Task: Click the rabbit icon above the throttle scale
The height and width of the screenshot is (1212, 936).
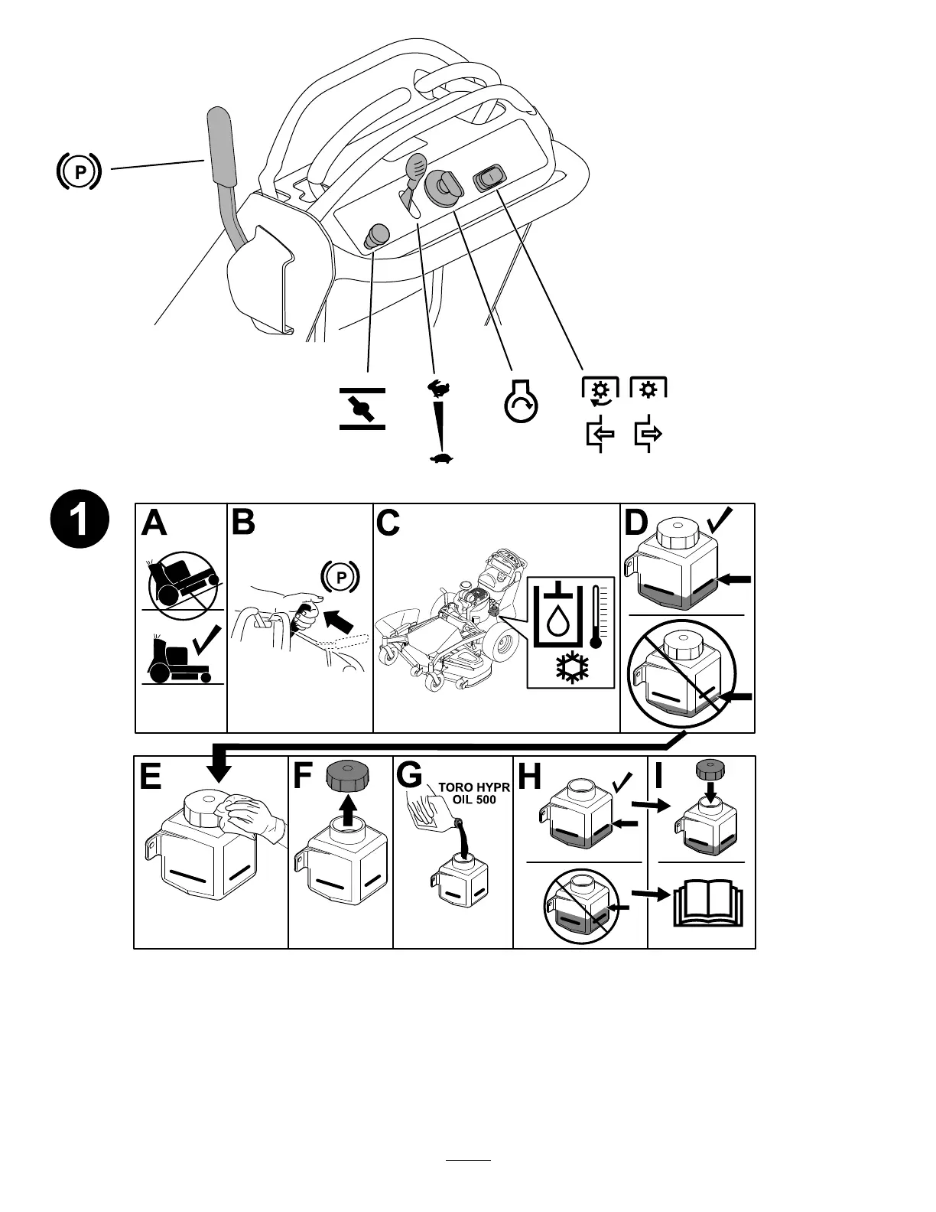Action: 437,389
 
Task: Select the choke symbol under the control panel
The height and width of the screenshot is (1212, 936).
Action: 362,409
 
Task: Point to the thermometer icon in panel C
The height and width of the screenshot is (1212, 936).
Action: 596,617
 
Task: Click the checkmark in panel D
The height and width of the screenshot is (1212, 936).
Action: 721,521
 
